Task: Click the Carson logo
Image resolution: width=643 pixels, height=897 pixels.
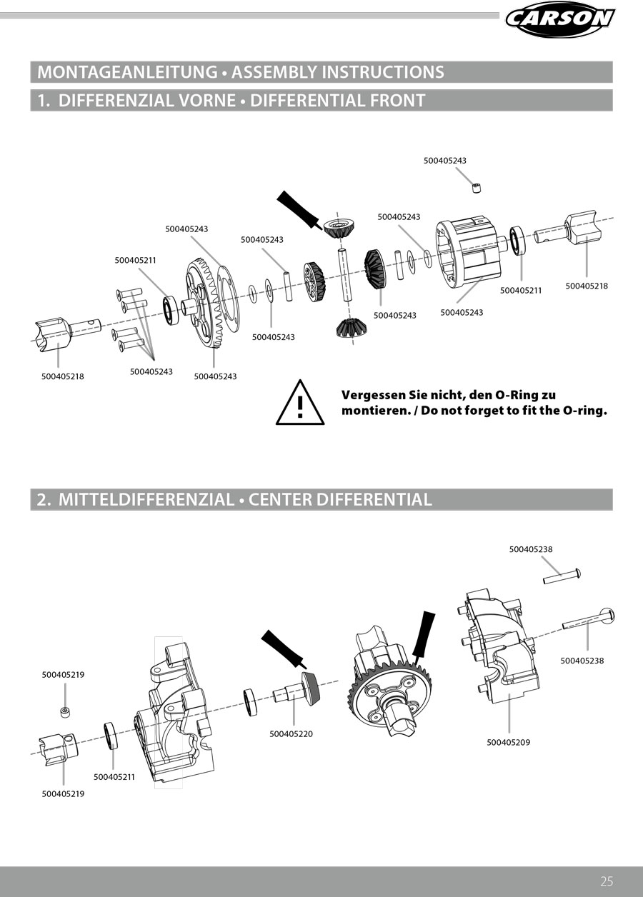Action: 560,18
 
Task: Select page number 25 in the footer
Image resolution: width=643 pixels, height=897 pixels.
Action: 607,881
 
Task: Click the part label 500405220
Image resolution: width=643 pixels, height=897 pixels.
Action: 291,734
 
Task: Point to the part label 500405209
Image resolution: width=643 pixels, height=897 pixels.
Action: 508,742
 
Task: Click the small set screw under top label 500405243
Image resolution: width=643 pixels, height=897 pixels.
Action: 477,188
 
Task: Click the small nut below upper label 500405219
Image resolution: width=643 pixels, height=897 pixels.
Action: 65,711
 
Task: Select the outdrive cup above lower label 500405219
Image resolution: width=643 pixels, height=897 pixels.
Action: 58,746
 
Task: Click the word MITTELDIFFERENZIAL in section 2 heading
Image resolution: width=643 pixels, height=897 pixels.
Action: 146,500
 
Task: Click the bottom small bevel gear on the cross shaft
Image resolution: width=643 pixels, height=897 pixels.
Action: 348,328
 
